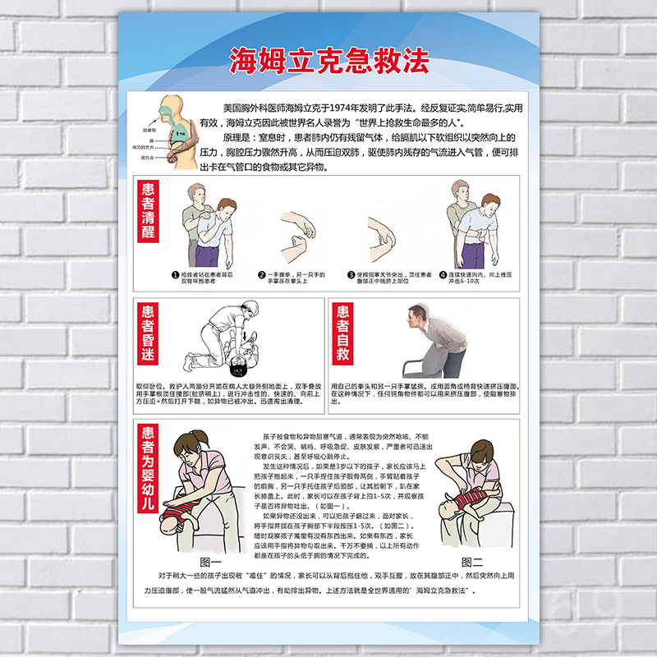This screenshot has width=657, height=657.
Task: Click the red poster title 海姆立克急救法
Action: tap(328, 60)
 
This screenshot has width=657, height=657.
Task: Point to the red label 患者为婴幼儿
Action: tap(148, 469)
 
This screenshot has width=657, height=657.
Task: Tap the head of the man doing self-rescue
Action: tap(416, 315)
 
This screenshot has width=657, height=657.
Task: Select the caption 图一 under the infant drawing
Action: tap(211, 562)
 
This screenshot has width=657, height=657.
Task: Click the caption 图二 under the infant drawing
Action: tap(472, 562)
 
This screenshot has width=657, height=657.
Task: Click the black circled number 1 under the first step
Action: tap(174, 276)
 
